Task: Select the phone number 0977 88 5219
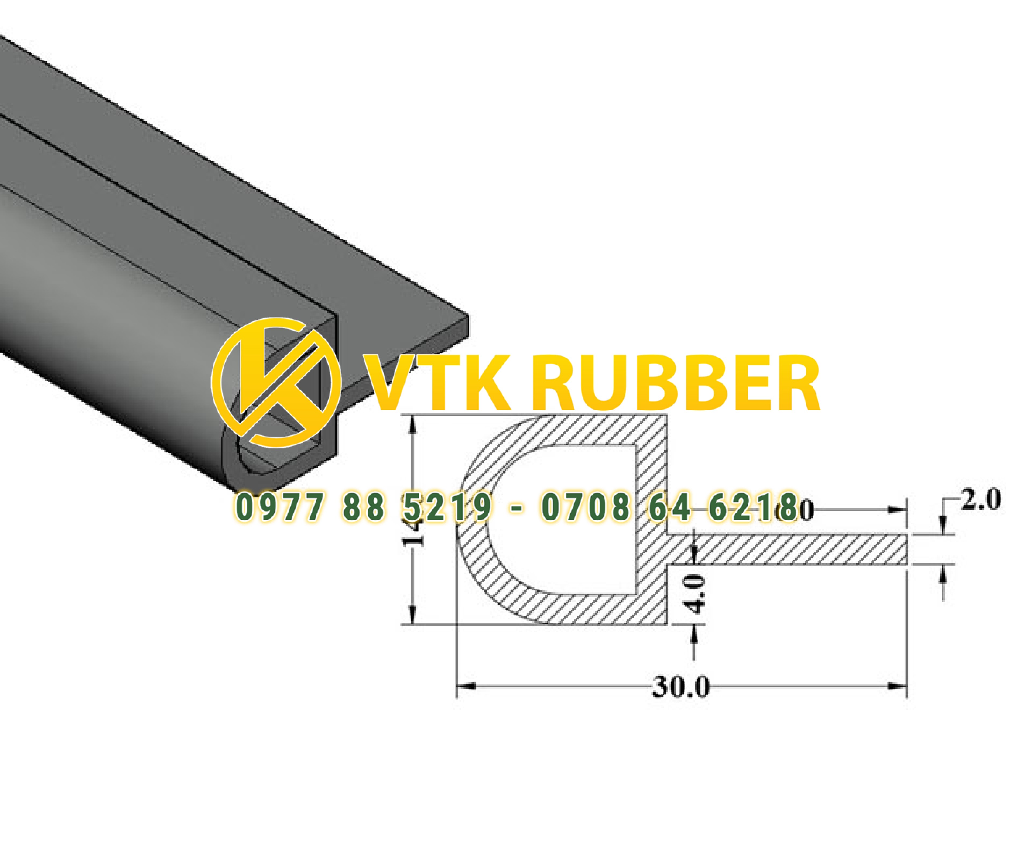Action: [364, 508]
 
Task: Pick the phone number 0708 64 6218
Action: [668, 508]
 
